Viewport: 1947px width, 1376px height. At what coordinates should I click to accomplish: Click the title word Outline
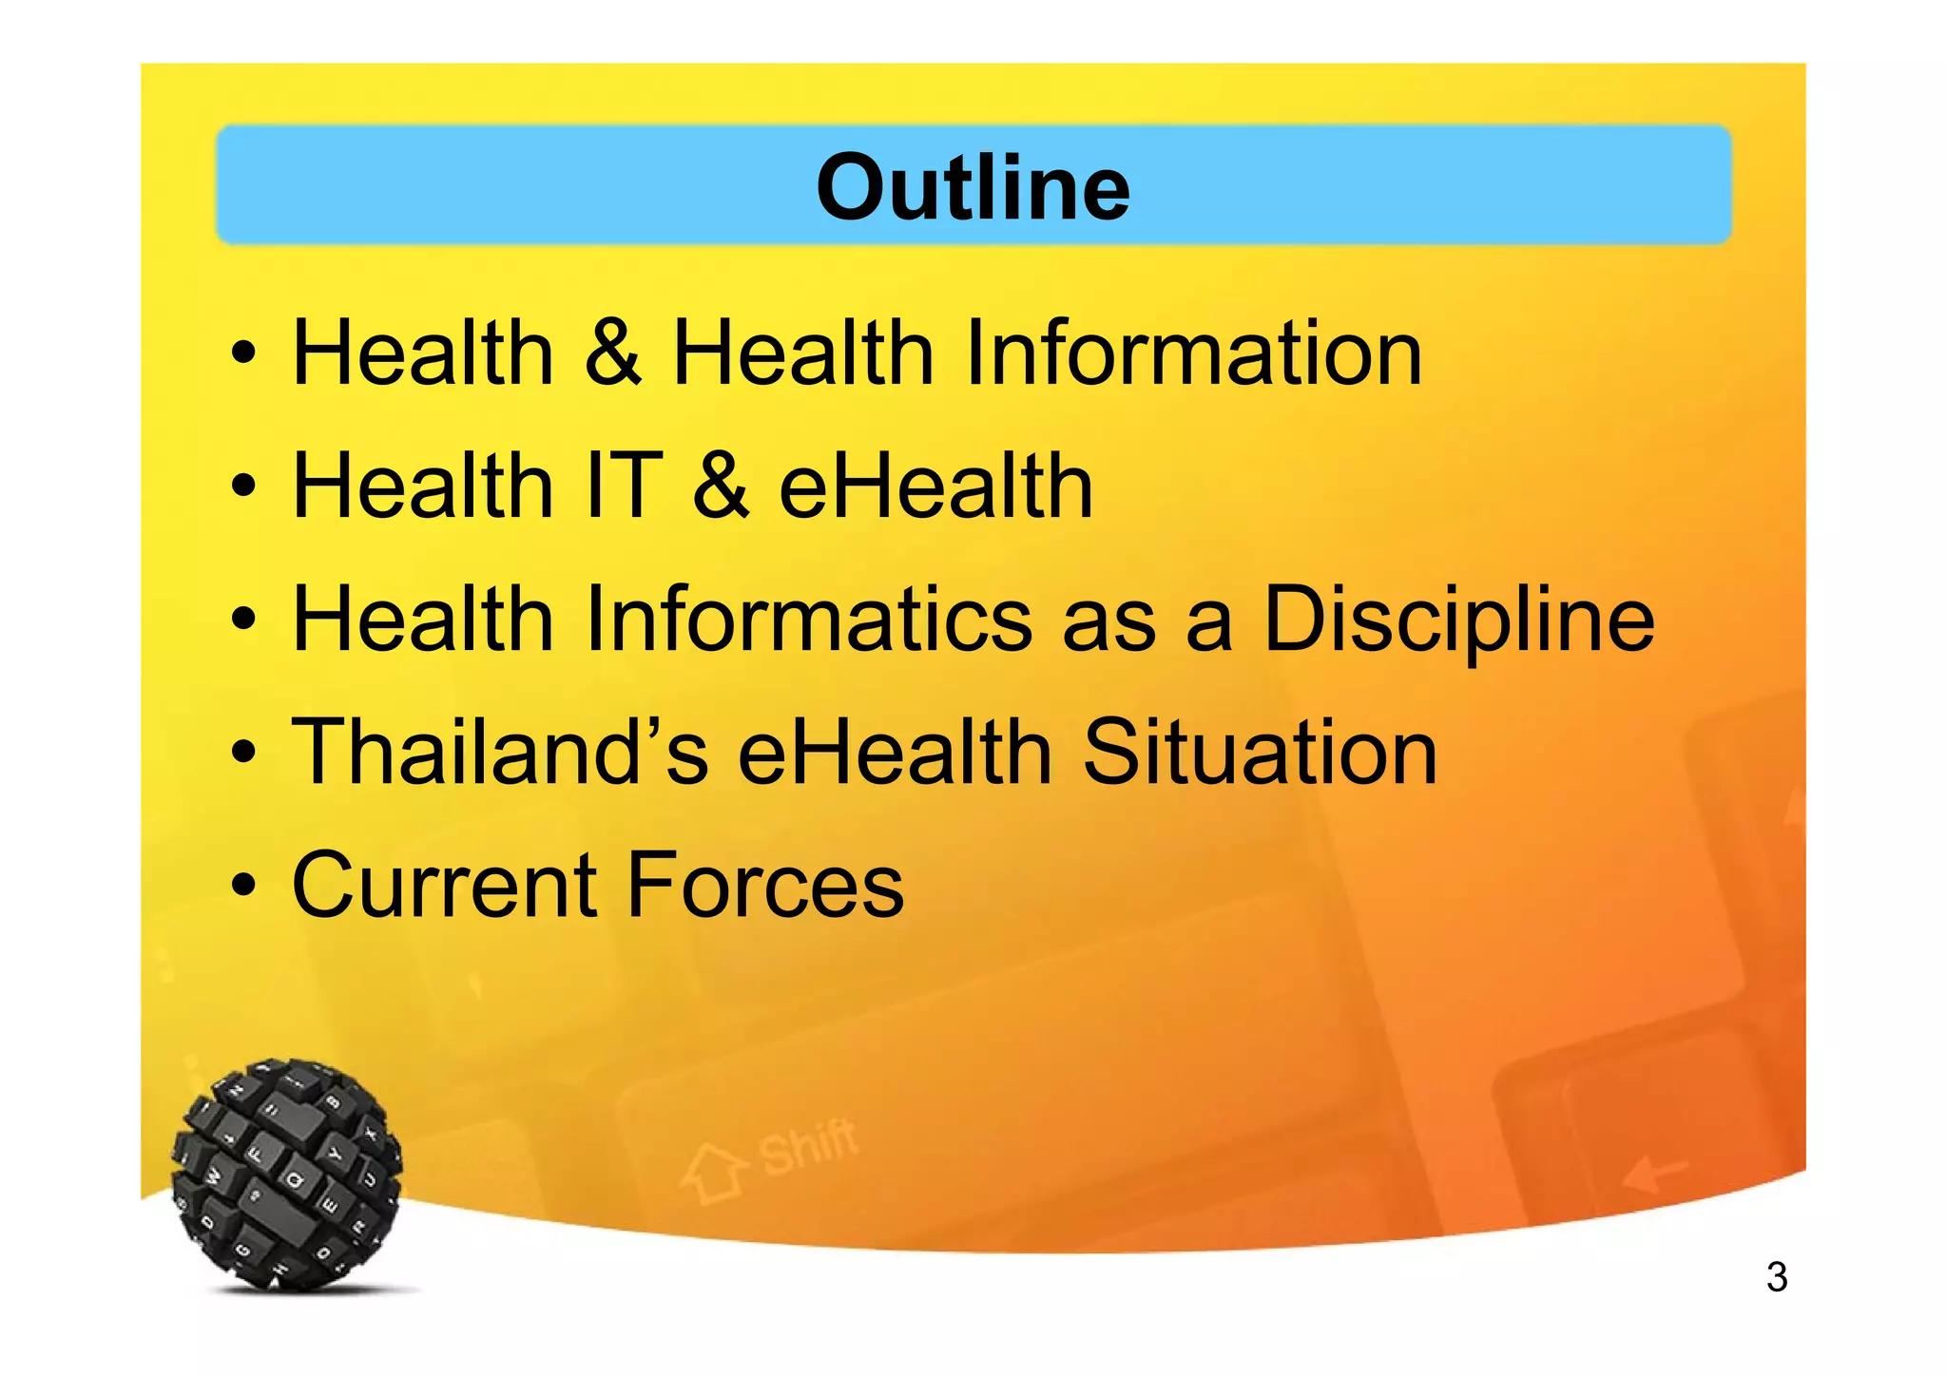pyautogui.click(x=973, y=187)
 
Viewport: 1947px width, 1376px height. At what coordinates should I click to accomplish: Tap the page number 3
pyautogui.click(x=1776, y=1276)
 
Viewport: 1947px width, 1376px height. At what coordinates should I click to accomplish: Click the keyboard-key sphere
pyautogui.click(x=287, y=1175)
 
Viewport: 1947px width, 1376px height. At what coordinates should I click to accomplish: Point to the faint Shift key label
pyautogui.click(x=809, y=1146)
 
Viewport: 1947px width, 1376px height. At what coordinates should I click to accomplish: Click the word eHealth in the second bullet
pyautogui.click(x=935, y=486)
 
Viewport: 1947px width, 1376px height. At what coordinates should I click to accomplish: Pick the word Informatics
pyautogui.click(x=809, y=619)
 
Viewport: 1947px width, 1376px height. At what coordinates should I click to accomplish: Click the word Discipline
pyautogui.click(x=1458, y=619)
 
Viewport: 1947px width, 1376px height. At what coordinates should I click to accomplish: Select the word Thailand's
pyautogui.click(x=499, y=752)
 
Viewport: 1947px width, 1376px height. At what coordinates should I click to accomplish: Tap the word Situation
pyautogui.click(x=1260, y=752)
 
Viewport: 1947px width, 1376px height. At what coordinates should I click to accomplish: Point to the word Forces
pyautogui.click(x=765, y=885)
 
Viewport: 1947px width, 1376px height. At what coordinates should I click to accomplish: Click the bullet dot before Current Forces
pyautogui.click(x=243, y=887)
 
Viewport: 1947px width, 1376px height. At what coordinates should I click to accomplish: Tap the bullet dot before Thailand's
pyautogui.click(x=243, y=754)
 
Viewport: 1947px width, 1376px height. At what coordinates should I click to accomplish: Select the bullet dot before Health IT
pyautogui.click(x=243, y=487)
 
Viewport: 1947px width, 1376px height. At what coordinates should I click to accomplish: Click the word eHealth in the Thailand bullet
pyautogui.click(x=895, y=752)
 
